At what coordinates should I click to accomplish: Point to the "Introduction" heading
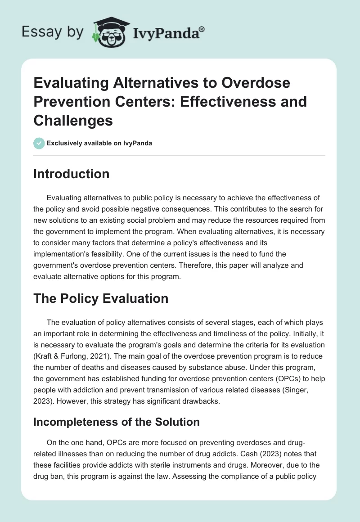(x=71, y=174)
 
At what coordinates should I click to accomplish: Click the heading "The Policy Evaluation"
(x=101, y=298)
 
